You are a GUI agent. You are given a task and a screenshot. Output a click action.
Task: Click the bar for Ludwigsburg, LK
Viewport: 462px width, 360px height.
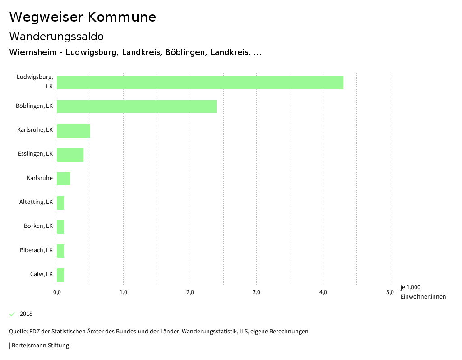(x=200, y=83)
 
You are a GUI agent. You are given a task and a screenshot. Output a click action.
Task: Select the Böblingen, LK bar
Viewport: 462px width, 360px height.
(x=137, y=106)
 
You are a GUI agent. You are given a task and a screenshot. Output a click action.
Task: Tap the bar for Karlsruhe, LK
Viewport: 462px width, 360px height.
(x=74, y=130)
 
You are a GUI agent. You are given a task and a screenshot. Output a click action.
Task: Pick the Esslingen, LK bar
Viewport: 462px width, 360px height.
(x=70, y=155)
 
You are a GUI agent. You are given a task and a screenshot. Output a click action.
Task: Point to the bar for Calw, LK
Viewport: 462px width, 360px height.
(x=60, y=275)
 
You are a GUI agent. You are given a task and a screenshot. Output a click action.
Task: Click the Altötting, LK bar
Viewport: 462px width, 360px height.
(x=60, y=203)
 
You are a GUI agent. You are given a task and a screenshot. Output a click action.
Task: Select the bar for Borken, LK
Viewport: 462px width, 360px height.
(x=60, y=227)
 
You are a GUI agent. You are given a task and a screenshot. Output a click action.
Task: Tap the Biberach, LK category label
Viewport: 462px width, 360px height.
(x=36, y=250)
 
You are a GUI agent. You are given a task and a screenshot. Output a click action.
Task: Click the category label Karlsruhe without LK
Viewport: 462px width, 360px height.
(x=40, y=178)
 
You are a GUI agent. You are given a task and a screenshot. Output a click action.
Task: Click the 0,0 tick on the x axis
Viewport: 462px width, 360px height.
(x=57, y=292)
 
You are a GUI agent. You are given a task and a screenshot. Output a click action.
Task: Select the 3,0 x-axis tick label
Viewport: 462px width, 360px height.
(x=257, y=292)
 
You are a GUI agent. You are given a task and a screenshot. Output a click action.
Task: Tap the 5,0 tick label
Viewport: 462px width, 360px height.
(x=390, y=292)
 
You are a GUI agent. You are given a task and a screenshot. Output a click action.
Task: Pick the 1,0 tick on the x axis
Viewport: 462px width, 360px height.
(x=123, y=292)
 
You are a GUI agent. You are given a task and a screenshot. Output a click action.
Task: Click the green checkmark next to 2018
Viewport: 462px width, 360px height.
(x=12, y=314)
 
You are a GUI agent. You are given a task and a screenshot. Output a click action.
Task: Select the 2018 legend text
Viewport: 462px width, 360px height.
(x=26, y=314)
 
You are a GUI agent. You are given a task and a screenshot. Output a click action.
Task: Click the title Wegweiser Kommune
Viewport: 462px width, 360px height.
(x=83, y=17)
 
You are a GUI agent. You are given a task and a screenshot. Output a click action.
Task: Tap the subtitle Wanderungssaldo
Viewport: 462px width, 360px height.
(x=56, y=36)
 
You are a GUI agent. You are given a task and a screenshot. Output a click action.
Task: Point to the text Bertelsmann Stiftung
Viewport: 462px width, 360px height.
(x=40, y=346)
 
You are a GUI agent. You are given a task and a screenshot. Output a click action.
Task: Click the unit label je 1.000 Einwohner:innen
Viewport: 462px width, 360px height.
(x=423, y=292)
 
